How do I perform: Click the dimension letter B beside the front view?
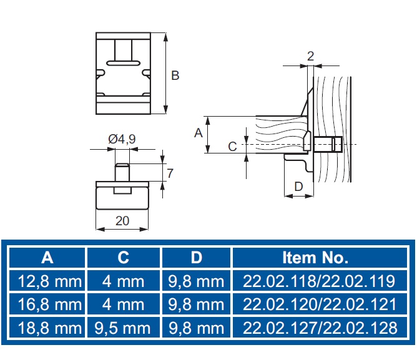[175, 75]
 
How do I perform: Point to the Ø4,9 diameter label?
[122, 139]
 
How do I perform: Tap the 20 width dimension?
[122, 221]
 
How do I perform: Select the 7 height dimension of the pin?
[170, 173]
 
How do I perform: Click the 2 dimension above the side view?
[310, 56]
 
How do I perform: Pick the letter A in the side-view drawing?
[199, 133]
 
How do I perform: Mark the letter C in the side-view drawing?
[232, 147]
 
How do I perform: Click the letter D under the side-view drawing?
[298, 187]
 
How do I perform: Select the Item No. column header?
[315, 258]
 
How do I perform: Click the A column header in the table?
[47, 258]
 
